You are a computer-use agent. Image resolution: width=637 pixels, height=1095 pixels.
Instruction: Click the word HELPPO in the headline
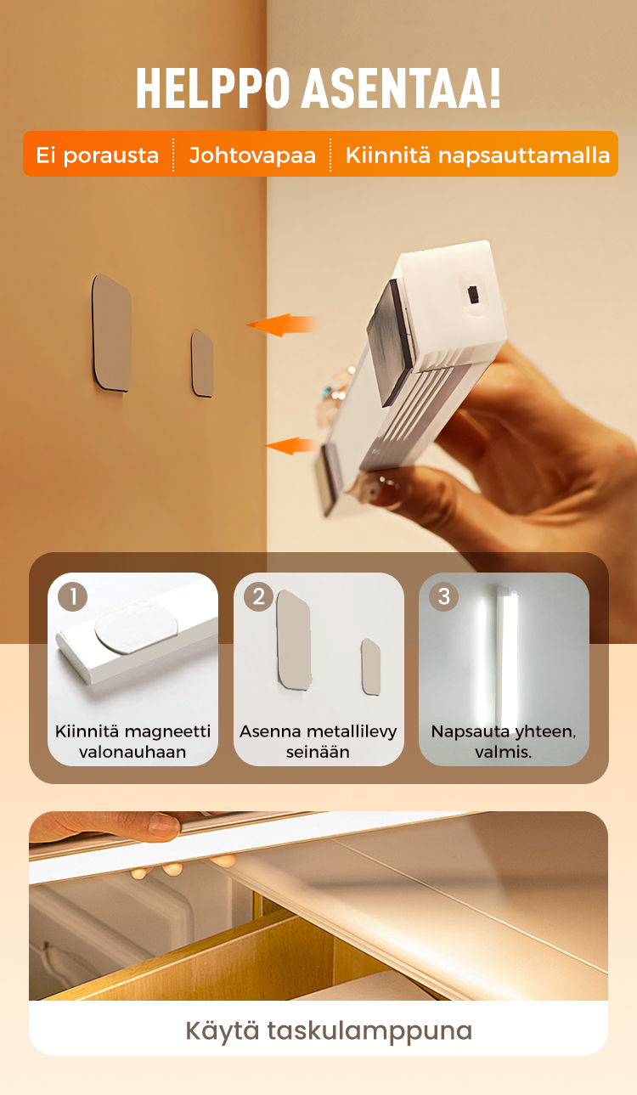click(213, 88)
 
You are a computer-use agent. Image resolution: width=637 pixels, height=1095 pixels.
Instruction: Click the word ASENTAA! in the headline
click(401, 88)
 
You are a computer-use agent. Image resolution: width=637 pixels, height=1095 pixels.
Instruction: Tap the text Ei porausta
click(98, 155)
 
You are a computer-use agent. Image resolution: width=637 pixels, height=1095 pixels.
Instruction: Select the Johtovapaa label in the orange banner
click(252, 155)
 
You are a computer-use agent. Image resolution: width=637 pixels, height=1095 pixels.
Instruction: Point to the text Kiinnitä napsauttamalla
click(477, 155)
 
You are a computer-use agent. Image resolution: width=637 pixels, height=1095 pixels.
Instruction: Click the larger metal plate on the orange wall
click(112, 333)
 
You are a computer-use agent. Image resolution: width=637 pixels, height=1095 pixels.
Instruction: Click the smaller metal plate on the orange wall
click(202, 364)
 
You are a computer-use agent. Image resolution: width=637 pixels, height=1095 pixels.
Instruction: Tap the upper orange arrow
click(283, 325)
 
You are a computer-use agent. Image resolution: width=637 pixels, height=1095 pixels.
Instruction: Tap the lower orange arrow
click(290, 445)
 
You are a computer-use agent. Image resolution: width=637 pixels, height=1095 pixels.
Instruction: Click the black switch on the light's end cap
click(473, 295)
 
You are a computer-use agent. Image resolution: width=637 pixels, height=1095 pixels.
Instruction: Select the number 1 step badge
click(73, 596)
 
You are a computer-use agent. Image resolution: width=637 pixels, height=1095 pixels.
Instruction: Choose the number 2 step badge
click(258, 596)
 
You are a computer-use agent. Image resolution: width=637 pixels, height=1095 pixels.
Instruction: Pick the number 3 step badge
click(444, 596)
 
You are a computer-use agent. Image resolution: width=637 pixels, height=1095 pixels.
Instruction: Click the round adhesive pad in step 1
click(135, 627)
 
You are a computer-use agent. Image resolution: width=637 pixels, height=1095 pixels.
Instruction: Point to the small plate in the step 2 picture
click(371, 667)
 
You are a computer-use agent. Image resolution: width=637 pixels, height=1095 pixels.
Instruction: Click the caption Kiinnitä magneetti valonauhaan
click(132, 742)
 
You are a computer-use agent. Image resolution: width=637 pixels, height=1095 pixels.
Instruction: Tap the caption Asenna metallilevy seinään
click(318, 742)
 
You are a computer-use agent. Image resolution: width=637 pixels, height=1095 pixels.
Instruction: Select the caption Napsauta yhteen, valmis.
click(504, 742)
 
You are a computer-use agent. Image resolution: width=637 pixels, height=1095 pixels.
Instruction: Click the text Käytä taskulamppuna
click(329, 1030)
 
